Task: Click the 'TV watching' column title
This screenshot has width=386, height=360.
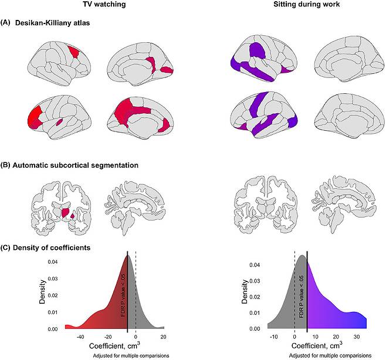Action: click(x=104, y=4)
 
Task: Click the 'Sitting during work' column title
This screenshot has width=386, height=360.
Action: click(x=306, y=4)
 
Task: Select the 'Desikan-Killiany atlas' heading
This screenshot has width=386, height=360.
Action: click(x=52, y=23)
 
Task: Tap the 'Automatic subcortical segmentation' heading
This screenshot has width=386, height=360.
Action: click(x=75, y=165)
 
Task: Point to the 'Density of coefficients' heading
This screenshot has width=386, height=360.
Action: click(x=52, y=247)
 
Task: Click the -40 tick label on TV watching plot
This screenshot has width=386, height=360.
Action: click(x=80, y=337)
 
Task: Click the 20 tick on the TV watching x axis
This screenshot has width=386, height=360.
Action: click(x=163, y=337)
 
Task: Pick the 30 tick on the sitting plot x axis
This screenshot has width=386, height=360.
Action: click(x=357, y=337)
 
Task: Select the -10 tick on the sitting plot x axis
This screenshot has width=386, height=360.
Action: click(x=274, y=337)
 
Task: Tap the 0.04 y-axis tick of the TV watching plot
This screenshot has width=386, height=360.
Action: click(x=53, y=262)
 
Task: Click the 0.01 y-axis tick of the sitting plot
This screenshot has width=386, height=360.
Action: click(x=255, y=313)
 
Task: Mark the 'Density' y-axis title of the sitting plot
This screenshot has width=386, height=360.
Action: click(x=245, y=291)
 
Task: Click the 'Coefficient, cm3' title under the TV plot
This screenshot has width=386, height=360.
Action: click(x=114, y=345)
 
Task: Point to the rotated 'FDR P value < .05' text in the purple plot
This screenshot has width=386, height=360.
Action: click(x=302, y=297)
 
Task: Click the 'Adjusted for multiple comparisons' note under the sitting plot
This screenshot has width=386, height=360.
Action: click(x=330, y=355)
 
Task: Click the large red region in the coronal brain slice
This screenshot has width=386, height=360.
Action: click(x=66, y=212)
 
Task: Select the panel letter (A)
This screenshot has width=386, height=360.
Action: click(x=5, y=23)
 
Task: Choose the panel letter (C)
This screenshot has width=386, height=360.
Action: click(x=5, y=247)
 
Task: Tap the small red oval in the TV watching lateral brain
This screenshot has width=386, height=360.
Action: click(x=59, y=122)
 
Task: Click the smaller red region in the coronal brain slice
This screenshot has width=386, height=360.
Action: click(x=72, y=216)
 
